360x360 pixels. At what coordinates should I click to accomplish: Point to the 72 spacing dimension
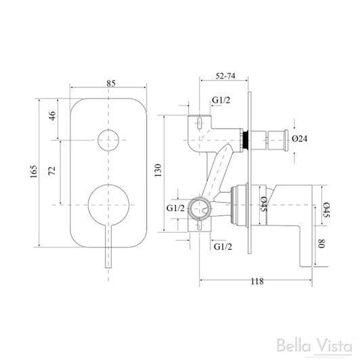click(x=53, y=169)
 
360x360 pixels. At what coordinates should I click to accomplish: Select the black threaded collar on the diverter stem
click(x=248, y=139)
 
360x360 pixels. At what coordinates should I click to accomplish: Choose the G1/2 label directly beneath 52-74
click(x=221, y=100)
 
